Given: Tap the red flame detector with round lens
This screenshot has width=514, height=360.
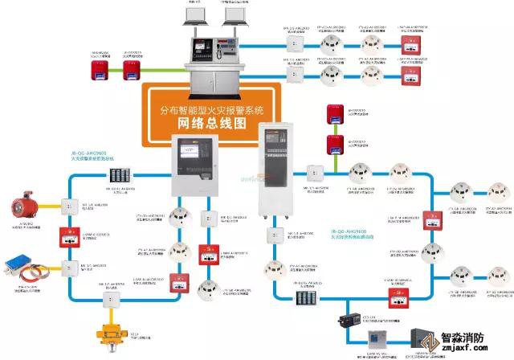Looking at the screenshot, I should point(18,203).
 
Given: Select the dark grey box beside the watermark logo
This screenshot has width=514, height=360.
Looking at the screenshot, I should point(422,337).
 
